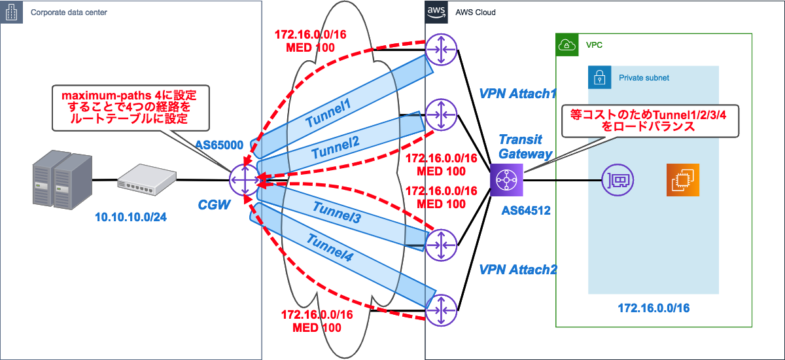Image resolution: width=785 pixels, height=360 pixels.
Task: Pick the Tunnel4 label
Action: [332, 251]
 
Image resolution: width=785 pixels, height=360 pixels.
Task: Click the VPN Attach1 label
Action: [517, 94]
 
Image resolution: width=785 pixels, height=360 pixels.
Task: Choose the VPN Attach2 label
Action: [517, 269]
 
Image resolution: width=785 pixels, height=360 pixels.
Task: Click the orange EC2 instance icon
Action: [683, 179]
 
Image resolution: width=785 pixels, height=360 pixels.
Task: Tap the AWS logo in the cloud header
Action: [436, 11]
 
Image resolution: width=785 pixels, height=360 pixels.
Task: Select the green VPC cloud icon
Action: [567, 45]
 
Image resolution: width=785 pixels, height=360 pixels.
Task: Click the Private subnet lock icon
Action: [599, 77]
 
